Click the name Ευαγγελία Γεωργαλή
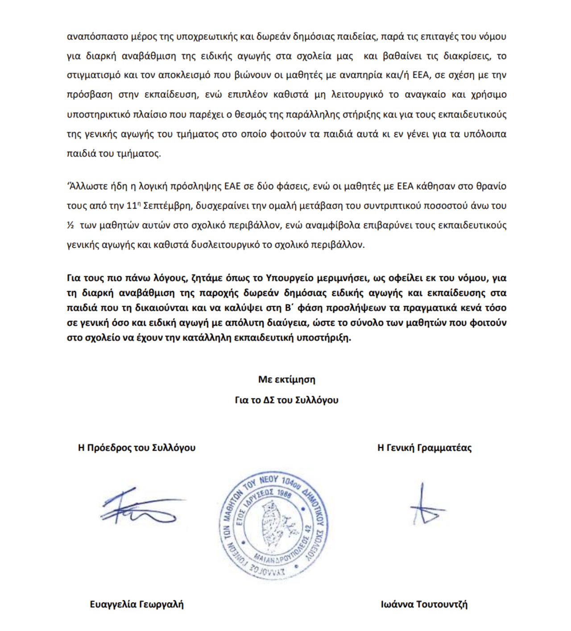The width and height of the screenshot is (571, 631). (137, 605)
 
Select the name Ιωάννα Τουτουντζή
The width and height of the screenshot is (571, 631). (424, 605)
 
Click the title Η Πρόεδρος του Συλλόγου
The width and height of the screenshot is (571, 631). (137, 448)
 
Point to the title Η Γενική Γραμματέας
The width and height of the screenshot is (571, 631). (424, 448)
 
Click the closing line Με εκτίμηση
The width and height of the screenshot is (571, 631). (286, 380)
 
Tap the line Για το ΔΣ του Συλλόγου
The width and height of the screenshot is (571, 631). (286, 400)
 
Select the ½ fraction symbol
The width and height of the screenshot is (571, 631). (70, 225)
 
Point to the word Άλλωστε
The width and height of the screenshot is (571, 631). (85, 186)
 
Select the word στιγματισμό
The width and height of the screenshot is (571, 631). (93, 75)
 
